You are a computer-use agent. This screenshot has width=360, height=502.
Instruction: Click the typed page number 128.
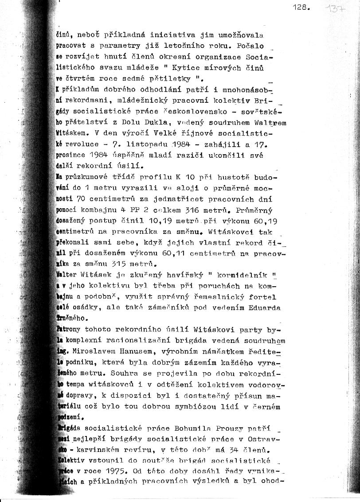tap(301, 8)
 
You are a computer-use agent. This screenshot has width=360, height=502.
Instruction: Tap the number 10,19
tap(171, 221)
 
